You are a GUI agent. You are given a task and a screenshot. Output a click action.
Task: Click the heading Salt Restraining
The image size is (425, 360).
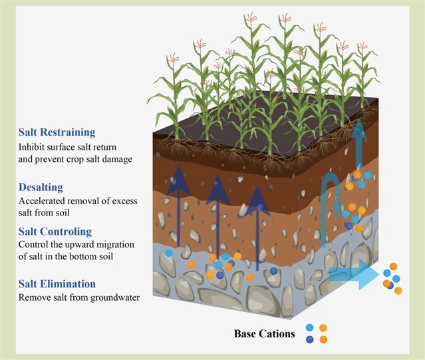[x=57, y=132]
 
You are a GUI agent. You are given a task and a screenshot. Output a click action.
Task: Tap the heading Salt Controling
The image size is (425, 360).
[x=55, y=231]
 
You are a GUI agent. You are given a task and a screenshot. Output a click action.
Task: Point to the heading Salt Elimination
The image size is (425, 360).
[x=57, y=283]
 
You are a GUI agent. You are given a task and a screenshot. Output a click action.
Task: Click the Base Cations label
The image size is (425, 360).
[x=264, y=333]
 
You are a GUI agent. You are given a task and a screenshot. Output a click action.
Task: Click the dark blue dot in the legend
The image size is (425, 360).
[x=310, y=339]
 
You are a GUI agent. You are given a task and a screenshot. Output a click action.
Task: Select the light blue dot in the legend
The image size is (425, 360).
[x=310, y=327]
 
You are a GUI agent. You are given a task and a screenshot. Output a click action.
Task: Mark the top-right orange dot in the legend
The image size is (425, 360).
[x=323, y=327]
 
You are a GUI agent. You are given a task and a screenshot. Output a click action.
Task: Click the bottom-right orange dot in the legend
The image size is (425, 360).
[x=323, y=339]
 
